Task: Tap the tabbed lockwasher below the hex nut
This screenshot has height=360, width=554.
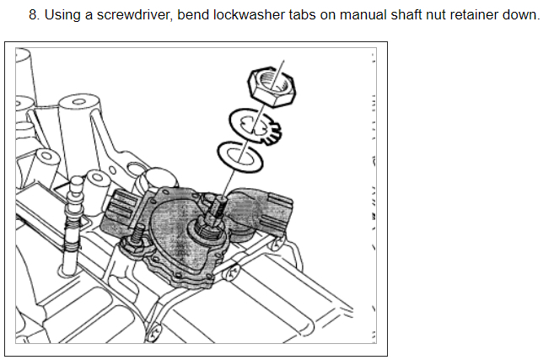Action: [258, 127]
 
